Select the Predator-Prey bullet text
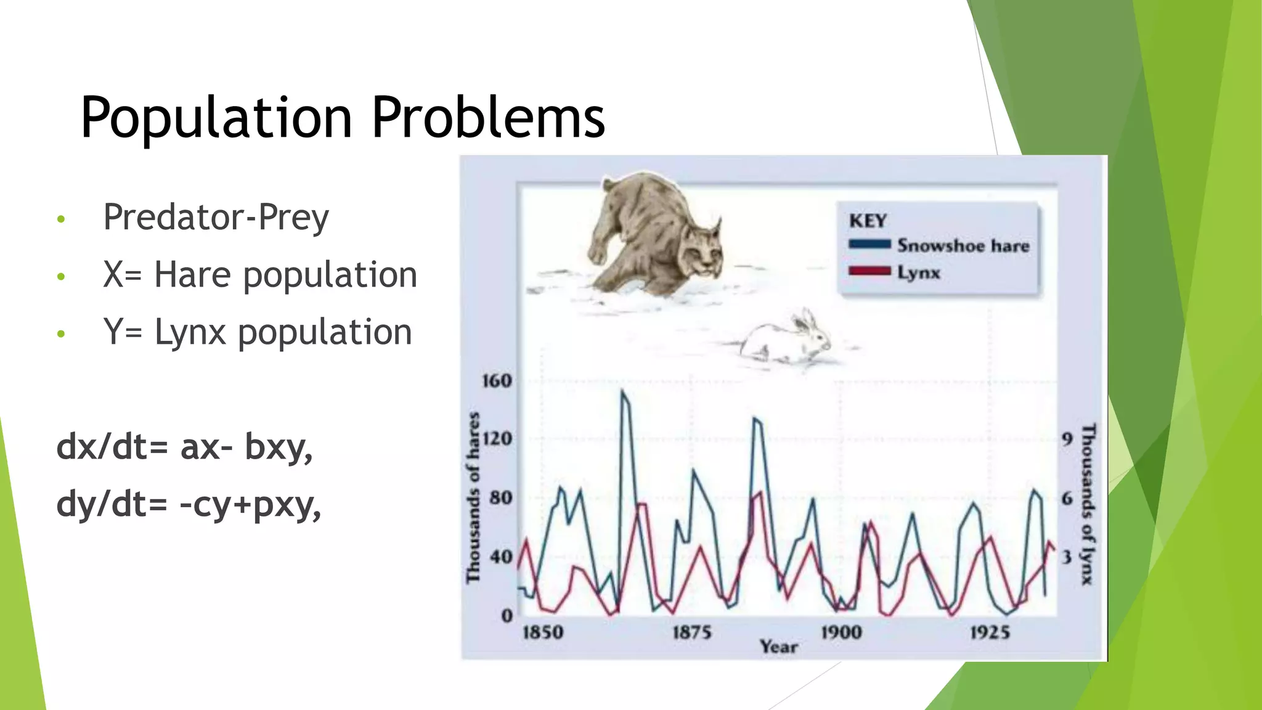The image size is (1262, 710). tap(216, 217)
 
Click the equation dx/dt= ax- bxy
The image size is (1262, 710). tap(184, 446)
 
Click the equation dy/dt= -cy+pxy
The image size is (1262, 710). tap(188, 504)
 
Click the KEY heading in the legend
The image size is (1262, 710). tap(868, 221)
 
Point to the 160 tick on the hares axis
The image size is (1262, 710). tap(497, 381)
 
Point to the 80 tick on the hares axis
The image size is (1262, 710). tap(501, 497)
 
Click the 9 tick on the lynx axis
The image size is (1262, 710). tap(1067, 439)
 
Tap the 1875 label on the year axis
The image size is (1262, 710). tap(691, 632)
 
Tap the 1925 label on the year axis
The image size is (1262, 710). tap(990, 632)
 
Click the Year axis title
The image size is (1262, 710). tap(779, 647)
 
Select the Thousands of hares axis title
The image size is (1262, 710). tap(473, 497)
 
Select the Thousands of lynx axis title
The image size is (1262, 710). tap(1088, 503)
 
